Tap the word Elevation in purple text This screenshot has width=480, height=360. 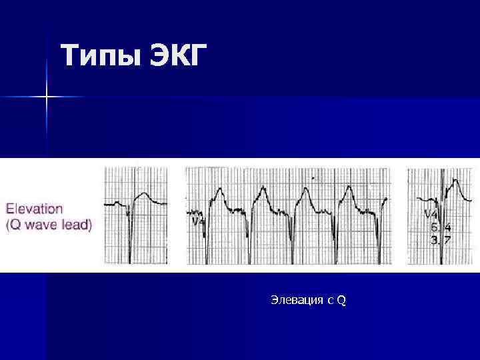tap(35, 209)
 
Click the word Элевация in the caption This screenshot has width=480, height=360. tap(295, 301)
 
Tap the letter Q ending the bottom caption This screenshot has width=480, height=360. tap(341, 301)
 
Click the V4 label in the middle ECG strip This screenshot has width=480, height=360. tap(198, 221)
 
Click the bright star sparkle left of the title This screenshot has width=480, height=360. tap(47, 97)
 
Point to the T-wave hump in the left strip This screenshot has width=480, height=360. tap(143, 195)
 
